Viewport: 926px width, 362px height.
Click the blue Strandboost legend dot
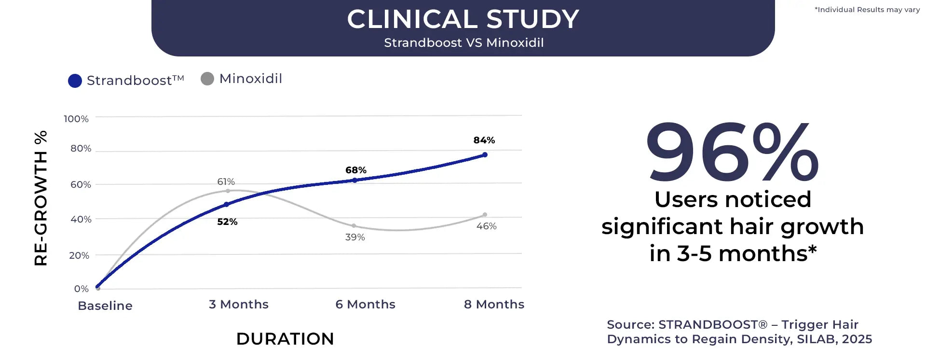(x=75, y=81)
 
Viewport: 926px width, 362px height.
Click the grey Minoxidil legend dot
(x=207, y=79)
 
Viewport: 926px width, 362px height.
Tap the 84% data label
(x=484, y=140)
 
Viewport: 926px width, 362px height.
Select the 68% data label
(x=356, y=170)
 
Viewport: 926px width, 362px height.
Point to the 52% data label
(x=227, y=222)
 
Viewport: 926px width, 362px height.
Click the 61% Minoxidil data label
(x=226, y=181)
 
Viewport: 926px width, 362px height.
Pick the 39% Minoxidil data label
(x=355, y=237)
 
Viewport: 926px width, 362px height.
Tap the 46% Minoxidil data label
(x=486, y=226)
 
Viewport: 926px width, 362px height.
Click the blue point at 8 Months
(x=485, y=155)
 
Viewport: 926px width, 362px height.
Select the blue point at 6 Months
(x=355, y=180)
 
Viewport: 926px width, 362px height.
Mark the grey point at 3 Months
(x=228, y=191)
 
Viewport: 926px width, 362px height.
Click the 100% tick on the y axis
(x=76, y=119)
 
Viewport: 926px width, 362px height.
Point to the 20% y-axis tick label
(x=79, y=255)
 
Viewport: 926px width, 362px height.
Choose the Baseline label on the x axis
(x=105, y=306)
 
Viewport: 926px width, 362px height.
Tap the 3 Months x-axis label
(x=239, y=304)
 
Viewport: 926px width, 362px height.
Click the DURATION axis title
(x=285, y=339)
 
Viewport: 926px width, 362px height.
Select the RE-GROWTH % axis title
(x=41, y=198)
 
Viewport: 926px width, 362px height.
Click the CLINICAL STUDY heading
(x=463, y=19)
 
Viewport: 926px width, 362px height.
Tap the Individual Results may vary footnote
(x=867, y=10)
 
